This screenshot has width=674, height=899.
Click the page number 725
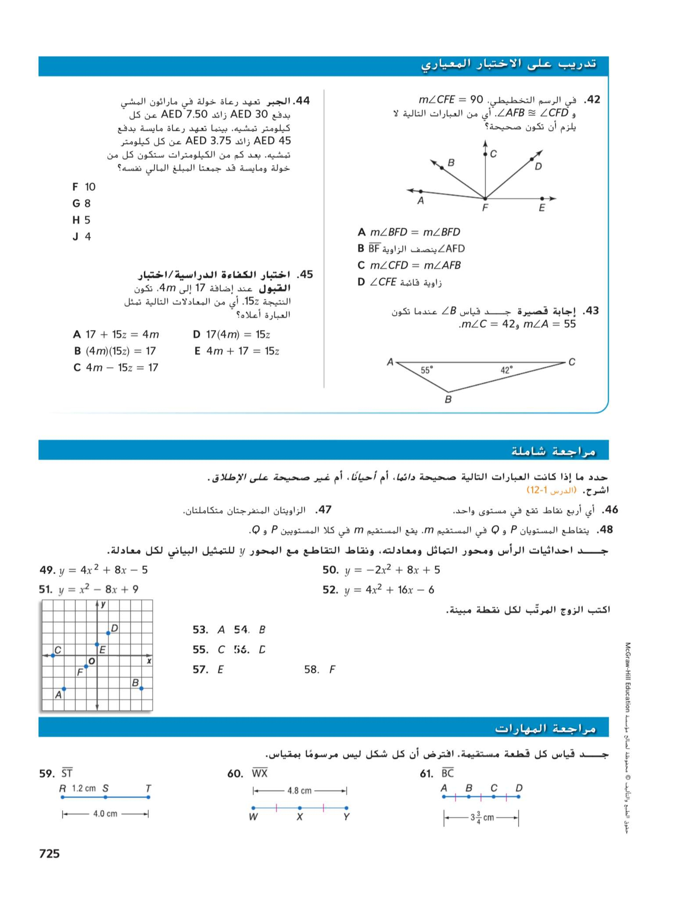point(49,853)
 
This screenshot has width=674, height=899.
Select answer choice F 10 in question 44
point(84,187)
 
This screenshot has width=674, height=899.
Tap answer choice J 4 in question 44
point(82,237)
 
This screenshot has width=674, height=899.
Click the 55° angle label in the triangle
point(427,370)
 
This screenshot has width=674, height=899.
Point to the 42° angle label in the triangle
point(507,370)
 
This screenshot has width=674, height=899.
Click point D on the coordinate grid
point(108,633)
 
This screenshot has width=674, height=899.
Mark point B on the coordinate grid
point(141,688)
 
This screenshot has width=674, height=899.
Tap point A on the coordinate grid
point(64,689)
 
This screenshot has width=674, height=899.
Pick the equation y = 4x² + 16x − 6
point(389,590)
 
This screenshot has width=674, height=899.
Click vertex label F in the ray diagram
point(485,208)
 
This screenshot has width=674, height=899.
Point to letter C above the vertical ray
point(493,154)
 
